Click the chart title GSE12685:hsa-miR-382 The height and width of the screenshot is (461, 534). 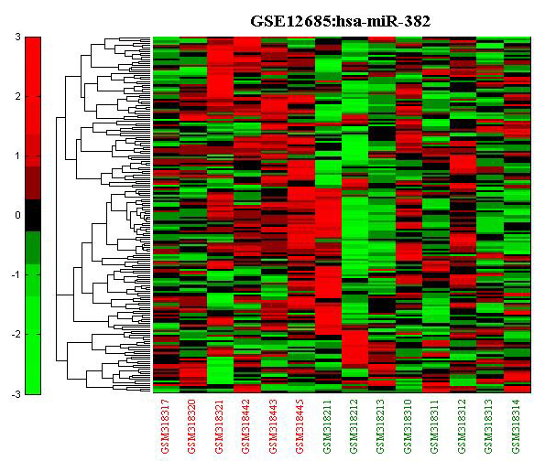pyautogui.click(x=340, y=21)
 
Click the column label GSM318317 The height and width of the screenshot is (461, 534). pyautogui.click(x=166, y=426)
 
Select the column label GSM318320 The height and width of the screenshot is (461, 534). pyautogui.click(x=192, y=426)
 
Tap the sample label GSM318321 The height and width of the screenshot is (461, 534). pyautogui.click(x=220, y=426)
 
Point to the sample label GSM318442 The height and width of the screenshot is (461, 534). pyautogui.click(x=246, y=426)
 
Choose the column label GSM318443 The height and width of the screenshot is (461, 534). pyautogui.click(x=274, y=426)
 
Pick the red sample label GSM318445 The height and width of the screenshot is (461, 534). pyautogui.click(x=300, y=426)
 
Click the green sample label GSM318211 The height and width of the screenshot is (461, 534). pyautogui.click(x=327, y=426)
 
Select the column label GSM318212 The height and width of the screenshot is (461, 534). pyautogui.click(x=354, y=426)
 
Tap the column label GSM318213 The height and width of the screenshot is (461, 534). pyautogui.click(x=381, y=426)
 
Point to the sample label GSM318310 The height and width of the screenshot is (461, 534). pyautogui.click(x=409, y=426)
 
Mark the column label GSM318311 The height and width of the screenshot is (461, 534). pyautogui.click(x=435, y=426)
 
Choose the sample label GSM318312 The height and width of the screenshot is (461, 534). pyautogui.click(x=463, y=426)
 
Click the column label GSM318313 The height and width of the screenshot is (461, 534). pyautogui.click(x=489, y=426)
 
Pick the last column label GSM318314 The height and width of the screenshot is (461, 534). pyautogui.click(x=517, y=426)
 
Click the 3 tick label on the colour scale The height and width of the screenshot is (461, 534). pyautogui.click(x=17, y=37)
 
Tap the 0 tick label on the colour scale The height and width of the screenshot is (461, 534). pyautogui.click(x=17, y=215)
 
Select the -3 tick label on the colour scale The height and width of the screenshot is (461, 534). pyautogui.click(x=16, y=394)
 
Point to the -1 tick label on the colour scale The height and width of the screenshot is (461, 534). pyautogui.click(x=16, y=274)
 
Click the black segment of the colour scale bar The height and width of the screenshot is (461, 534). pyautogui.click(x=33, y=215)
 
